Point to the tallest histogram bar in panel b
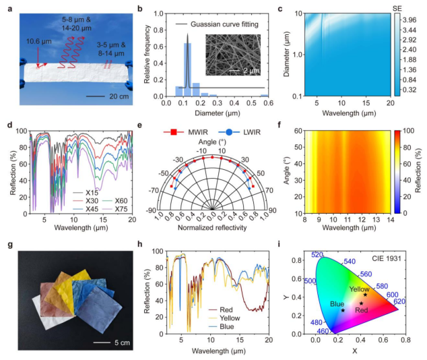[x=188, y=68]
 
